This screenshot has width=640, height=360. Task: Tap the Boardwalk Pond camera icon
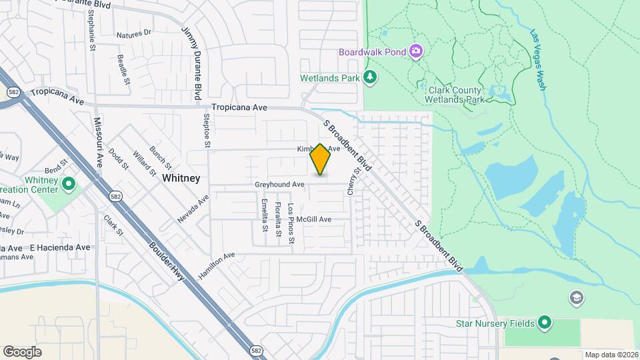click(416, 51)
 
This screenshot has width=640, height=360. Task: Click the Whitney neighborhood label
click(181, 178)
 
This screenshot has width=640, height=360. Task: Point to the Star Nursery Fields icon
click(545, 323)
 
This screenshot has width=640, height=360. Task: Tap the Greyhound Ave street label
click(279, 184)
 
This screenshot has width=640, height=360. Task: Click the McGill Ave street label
click(314, 219)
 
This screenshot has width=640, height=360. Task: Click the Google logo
click(22, 351)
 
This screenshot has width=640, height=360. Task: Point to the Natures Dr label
click(134, 33)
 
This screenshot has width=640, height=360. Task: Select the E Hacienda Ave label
click(59, 247)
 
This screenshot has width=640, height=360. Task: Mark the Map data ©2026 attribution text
click(611, 355)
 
